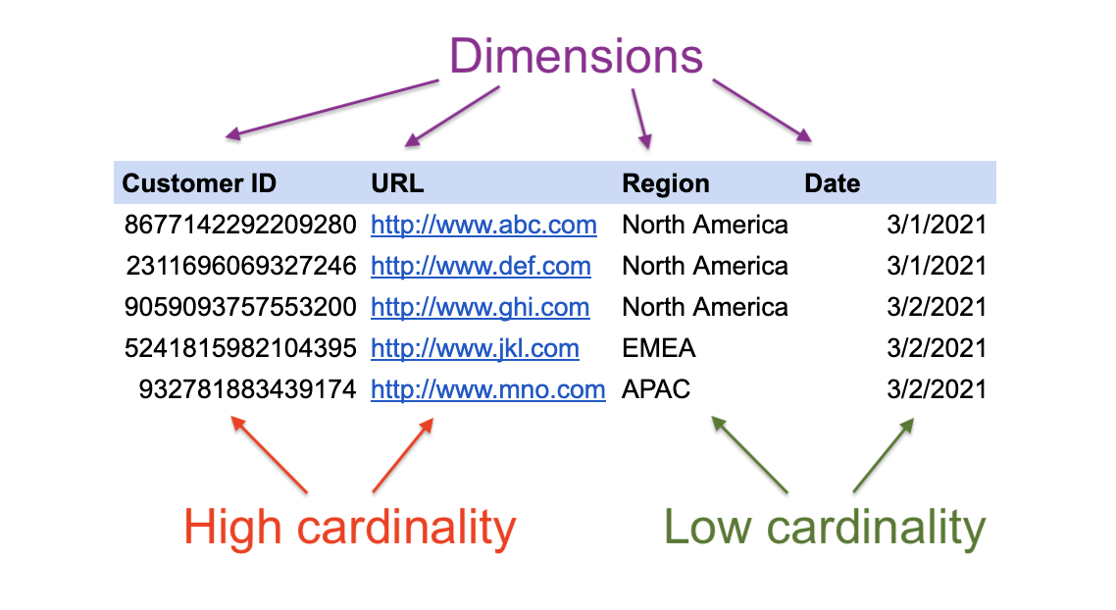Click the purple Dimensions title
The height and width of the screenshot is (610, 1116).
(576, 56)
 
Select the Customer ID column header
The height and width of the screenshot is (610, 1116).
(199, 183)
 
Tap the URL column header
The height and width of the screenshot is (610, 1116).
(397, 183)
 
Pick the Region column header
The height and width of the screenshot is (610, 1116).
(666, 183)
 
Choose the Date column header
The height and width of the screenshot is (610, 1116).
(832, 183)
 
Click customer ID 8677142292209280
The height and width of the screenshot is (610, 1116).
(240, 225)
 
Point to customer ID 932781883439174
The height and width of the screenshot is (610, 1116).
(247, 389)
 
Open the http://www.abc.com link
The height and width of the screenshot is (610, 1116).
(484, 225)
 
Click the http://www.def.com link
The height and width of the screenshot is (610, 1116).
(482, 266)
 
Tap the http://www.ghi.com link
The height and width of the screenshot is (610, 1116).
(481, 308)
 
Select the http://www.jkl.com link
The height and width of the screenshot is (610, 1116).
(475, 349)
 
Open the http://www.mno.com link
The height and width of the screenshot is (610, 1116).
(488, 390)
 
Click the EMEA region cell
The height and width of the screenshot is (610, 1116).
(658, 348)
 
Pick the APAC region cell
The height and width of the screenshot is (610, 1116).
(655, 389)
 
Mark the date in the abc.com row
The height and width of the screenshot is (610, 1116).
(937, 225)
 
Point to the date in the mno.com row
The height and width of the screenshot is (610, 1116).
(937, 389)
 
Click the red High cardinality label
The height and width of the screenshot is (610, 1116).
(349, 529)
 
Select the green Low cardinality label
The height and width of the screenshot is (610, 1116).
(824, 529)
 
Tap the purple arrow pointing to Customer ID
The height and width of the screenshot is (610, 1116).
(331, 108)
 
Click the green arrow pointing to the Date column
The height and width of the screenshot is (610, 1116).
(884, 456)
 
